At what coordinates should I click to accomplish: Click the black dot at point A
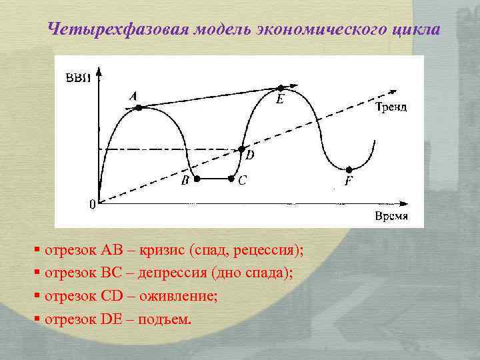[x=138, y=107]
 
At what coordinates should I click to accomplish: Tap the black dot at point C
[x=231, y=179]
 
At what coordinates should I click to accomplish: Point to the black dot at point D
[x=242, y=149]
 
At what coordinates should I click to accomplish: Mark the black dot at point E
[x=281, y=87]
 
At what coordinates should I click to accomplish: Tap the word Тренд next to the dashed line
[x=391, y=107]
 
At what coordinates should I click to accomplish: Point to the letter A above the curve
[x=133, y=97]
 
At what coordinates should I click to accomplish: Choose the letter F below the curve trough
[x=349, y=181]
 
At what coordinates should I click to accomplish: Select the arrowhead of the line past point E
[x=294, y=85]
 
